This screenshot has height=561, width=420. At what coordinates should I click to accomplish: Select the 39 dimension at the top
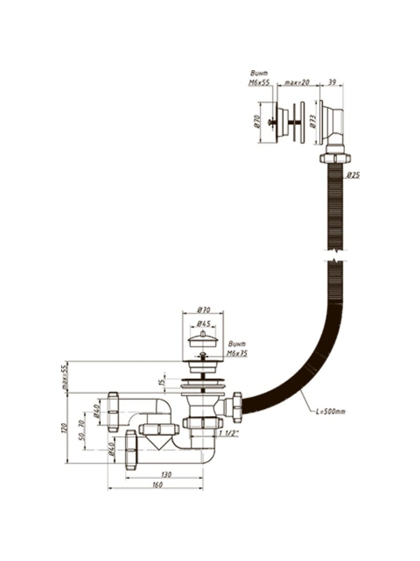coord(332,82)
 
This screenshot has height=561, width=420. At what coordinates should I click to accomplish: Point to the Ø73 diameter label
coord(313,121)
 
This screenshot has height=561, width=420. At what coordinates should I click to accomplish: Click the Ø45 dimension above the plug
coord(203,324)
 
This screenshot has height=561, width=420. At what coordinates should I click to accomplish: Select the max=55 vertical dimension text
coord(64,377)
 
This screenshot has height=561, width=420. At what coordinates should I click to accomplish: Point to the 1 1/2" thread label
coord(229,433)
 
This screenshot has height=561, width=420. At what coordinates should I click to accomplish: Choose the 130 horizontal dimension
coord(166,474)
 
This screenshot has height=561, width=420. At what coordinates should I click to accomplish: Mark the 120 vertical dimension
coord(64,428)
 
